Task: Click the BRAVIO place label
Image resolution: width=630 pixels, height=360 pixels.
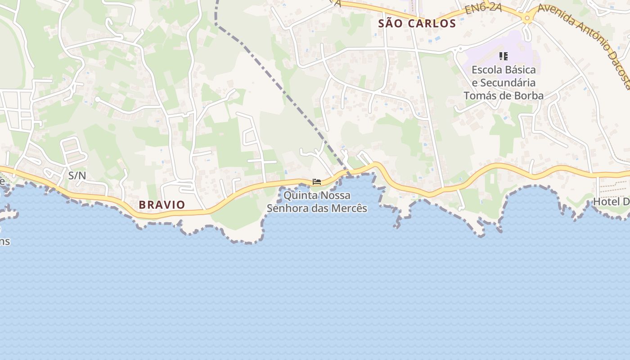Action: coord(162,205)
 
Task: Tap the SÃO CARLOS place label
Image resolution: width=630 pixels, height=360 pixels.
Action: coord(417,23)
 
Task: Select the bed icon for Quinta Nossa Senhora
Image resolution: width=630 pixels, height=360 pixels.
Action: coord(317,182)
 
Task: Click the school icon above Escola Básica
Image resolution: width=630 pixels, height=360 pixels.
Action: coord(504,56)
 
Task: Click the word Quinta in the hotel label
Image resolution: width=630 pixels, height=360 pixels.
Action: coord(300,196)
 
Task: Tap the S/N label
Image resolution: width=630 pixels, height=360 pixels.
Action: coord(77,175)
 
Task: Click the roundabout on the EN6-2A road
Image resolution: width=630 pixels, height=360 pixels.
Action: coord(527,18)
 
